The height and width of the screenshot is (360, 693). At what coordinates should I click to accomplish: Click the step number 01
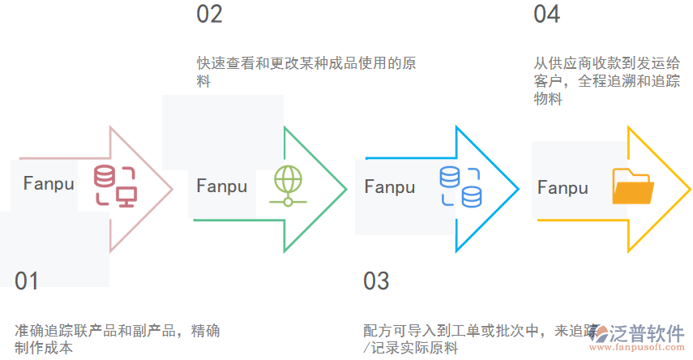[x=27, y=281]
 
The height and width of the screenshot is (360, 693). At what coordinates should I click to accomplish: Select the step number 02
[x=209, y=15]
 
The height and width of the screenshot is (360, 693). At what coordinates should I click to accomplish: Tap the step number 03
[x=376, y=281]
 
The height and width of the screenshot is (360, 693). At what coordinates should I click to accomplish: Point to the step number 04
[x=546, y=15]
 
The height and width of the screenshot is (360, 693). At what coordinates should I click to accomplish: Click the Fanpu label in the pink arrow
[x=49, y=182]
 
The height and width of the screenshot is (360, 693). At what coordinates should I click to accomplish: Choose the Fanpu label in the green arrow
[x=221, y=186]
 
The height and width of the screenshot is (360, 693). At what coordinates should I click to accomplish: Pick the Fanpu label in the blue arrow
[x=389, y=187]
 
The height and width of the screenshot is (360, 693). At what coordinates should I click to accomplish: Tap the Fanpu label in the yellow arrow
[x=563, y=188]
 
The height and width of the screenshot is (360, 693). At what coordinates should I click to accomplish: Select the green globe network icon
[x=287, y=186]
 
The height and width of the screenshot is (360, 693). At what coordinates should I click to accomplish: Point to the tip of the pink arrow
[x=172, y=190]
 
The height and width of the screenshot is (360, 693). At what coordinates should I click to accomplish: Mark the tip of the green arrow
[x=346, y=190]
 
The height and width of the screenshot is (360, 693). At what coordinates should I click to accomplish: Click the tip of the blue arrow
[x=518, y=190]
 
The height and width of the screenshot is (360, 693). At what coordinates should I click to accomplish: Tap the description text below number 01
[x=117, y=339]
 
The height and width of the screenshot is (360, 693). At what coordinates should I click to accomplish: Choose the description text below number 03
[x=478, y=339]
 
